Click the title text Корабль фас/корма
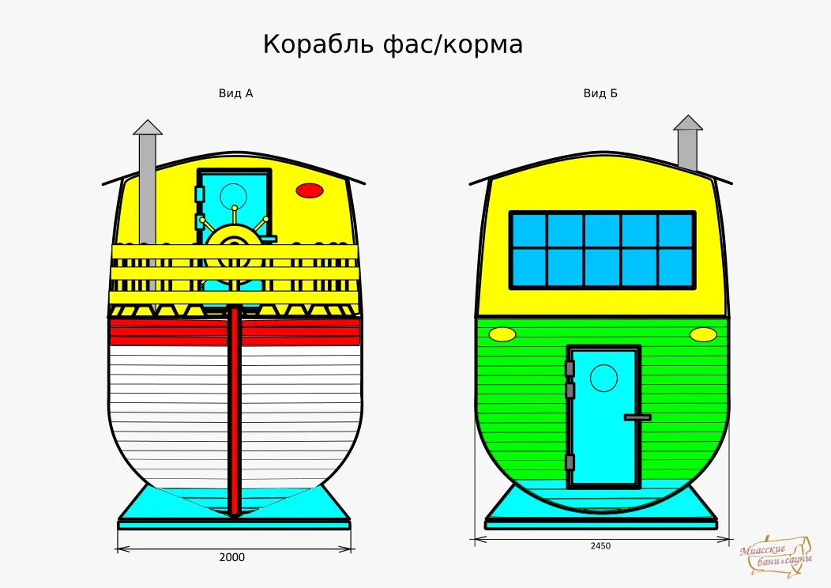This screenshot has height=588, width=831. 393,44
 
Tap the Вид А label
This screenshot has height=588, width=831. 236,94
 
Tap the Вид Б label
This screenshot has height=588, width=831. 600,94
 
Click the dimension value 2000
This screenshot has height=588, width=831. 232,557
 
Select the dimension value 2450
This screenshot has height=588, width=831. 600,545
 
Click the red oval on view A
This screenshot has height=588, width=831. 310,190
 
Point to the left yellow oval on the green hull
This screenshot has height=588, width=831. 502,334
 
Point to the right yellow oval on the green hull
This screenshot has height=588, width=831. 703,334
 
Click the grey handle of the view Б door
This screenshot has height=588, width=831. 637,417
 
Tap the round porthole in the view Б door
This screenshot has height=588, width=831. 604,378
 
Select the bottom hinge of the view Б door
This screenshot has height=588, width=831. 570,462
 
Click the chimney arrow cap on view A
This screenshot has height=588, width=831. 148,127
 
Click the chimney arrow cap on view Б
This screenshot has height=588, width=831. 688,122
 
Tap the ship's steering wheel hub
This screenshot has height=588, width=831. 234,243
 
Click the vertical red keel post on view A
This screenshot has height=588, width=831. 235,411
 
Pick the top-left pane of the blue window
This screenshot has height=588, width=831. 529,231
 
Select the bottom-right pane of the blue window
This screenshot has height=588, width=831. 675,268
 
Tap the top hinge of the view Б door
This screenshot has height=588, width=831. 570,368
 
